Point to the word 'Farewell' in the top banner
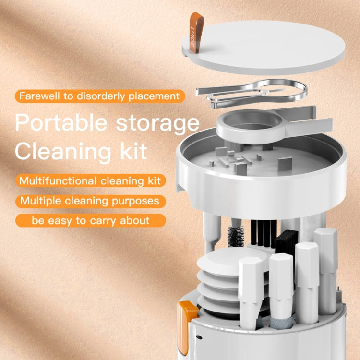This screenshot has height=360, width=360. click(x=40, y=96)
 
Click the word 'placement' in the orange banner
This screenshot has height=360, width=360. click(x=153, y=96)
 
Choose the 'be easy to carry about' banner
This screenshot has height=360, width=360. click(x=91, y=221)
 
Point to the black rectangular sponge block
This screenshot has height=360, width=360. click(x=287, y=242)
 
